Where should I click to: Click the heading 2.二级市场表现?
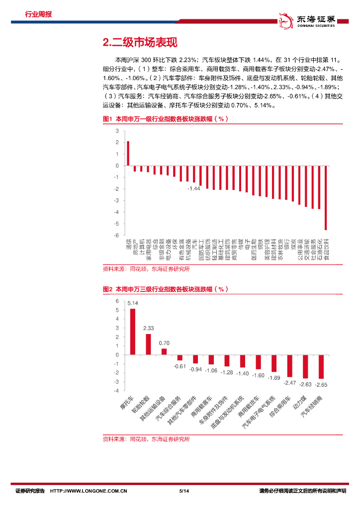coord(139,42)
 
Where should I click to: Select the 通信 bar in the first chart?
coord(128,154)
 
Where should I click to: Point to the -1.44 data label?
coord(193,189)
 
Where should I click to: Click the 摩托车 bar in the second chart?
coord(133,332)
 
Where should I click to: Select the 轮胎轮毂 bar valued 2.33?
coord(148,344)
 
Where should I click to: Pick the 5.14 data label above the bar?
coord(133,303)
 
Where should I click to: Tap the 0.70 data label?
coord(164,343)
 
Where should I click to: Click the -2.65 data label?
coord(321,385)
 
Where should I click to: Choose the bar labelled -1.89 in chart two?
coord(274,363)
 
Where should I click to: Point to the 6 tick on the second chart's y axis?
coord(117,301)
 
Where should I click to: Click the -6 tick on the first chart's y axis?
coord(117,236)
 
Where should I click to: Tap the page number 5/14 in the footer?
coord(182,491)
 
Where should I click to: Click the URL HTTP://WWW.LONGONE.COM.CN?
coord(89,491)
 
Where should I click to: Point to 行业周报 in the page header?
coord(38,14)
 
